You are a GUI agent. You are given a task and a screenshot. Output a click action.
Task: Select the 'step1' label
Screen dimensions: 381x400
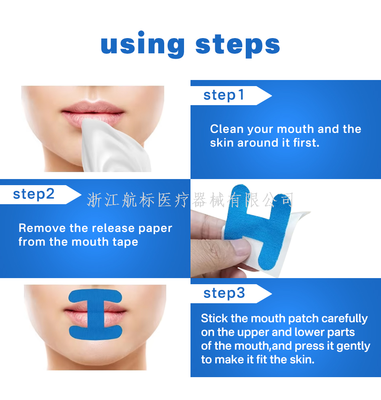click(x=224, y=95)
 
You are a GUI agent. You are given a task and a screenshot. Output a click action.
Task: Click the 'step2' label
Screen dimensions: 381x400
click(x=34, y=194)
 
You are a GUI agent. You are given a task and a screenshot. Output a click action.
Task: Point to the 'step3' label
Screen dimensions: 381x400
click(x=224, y=293)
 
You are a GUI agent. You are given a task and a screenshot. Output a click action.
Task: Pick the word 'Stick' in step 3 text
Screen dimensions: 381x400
click(x=215, y=318)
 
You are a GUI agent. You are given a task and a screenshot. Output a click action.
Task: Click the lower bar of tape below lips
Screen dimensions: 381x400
click(x=96, y=333)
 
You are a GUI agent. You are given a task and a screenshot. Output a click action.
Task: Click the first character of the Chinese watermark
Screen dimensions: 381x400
click(x=94, y=200)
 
